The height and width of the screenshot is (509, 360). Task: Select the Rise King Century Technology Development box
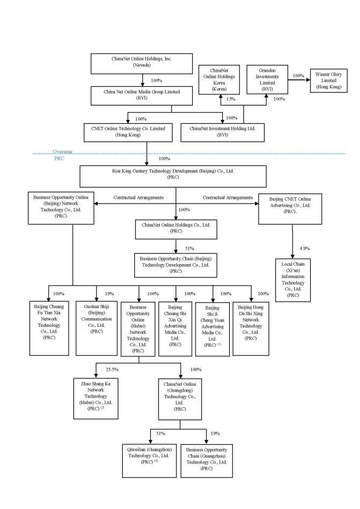click(x=173, y=176)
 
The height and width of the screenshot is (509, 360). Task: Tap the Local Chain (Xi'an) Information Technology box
click(x=292, y=280)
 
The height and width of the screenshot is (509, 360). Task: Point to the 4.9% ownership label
click(x=304, y=249)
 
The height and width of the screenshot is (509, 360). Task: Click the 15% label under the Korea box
click(x=230, y=100)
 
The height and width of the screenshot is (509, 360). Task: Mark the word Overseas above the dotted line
click(x=62, y=152)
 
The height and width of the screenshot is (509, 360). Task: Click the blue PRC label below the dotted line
click(x=59, y=159)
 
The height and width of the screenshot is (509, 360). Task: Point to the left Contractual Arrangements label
click(x=138, y=198)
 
